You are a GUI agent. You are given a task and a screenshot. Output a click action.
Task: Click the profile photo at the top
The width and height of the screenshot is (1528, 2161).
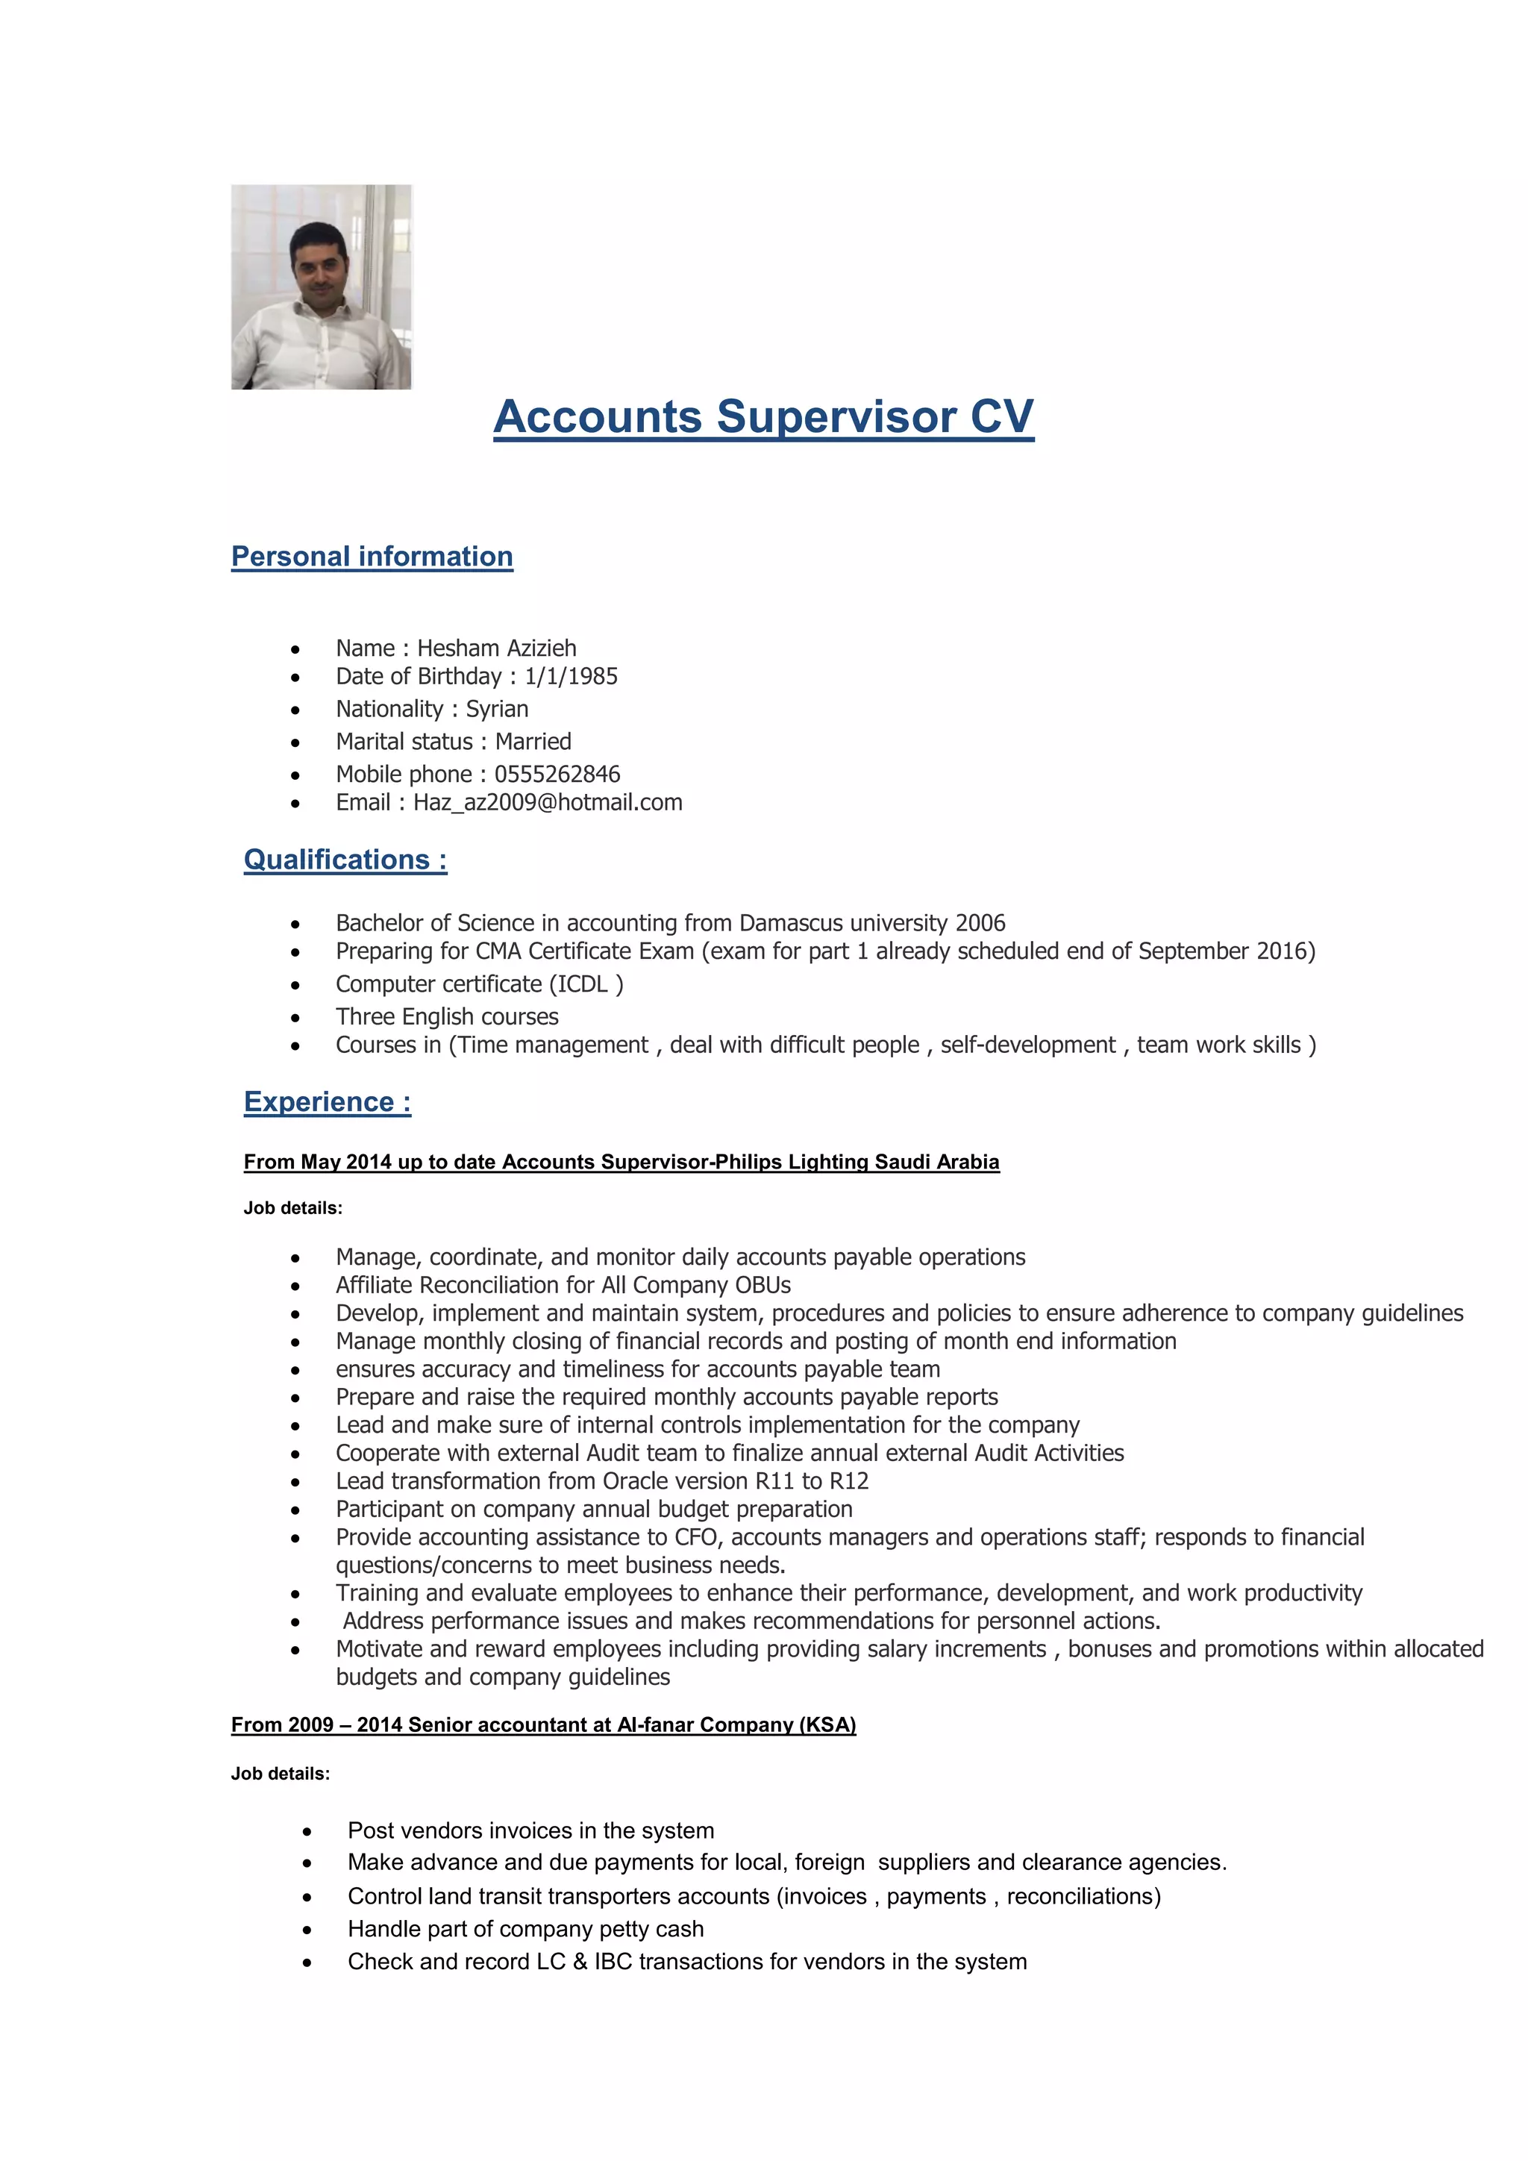pyautogui.click(x=321, y=287)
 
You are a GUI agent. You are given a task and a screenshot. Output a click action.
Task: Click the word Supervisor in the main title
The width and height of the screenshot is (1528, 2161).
pyautogui.click(x=836, y=417)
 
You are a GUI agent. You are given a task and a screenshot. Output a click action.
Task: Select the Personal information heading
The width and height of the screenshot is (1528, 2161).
pyautogui.click(x=372, y=556)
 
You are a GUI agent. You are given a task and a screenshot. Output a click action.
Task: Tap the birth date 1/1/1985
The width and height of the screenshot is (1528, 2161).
pyautogui.click(x=571, y=677)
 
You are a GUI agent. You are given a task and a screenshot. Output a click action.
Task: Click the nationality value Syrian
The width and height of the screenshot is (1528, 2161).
pyautogui.click(x=497, y=709)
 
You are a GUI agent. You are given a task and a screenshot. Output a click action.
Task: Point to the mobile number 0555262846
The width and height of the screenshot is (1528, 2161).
pyautogui.click(x=557, y=774)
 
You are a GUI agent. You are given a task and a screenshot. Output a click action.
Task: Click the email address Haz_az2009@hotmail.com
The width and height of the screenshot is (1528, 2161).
pyautogui.click(x=548, y=802)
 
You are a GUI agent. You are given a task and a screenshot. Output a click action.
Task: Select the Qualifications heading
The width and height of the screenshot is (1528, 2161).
pyautogui.click(x=345, y=860)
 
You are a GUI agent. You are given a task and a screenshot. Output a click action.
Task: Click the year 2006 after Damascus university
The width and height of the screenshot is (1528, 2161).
pyautogui.click(x=980, y=922)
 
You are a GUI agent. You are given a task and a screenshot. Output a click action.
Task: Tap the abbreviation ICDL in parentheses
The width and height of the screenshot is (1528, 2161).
pyautogui.click(x=583, y=983)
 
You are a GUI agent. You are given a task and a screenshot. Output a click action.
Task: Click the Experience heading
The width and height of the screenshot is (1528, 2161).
pyautogui.click(x=328, y=1101)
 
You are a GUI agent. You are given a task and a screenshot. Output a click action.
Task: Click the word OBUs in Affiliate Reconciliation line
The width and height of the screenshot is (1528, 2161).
pyautogui.click(x=763, y=1285)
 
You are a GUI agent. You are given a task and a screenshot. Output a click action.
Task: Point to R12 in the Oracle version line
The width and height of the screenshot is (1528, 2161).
pyautogui.click(x=848, y=1480)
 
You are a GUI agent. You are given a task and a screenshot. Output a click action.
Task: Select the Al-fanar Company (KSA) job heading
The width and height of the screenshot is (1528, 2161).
pyautogui.click(x=543, y=1724)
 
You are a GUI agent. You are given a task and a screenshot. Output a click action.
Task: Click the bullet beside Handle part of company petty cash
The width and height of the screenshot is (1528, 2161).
pyautogui.click(x=307, y=1930)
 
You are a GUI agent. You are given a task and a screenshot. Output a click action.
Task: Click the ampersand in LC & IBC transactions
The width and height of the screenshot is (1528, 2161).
pyautogui.click(x=580, y=1962)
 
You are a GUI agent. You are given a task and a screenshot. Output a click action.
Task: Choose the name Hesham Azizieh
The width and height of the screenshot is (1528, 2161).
pyautogui.click(x=497, y=648)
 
